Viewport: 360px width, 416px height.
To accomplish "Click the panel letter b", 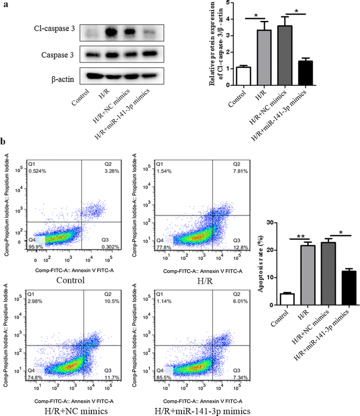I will pos(4,143).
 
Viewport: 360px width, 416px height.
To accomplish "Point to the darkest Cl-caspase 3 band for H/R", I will pos(110,34).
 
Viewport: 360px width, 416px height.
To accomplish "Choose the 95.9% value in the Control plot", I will pos(35,247).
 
